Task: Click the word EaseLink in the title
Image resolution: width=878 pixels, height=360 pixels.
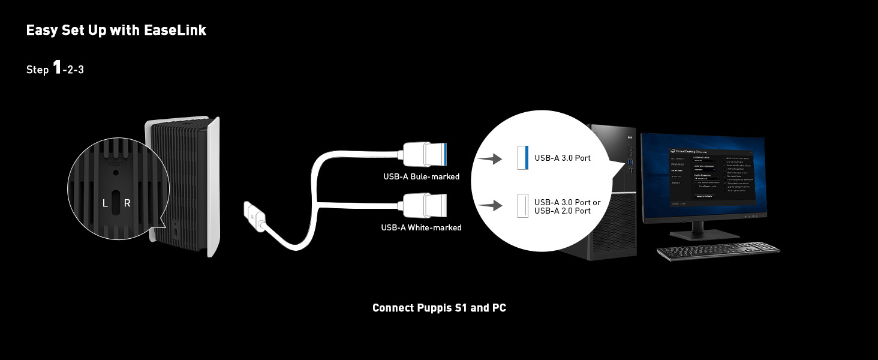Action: coord(175,31)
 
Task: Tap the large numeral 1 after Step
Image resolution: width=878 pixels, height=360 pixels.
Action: coord(57,68)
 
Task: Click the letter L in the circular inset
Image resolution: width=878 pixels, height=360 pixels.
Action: coord(105,203)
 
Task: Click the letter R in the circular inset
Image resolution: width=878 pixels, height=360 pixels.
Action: coord(127,203)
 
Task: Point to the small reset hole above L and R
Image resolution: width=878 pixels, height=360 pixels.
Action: coord(116,172)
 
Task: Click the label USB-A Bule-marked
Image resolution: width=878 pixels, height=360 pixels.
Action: coord(421,176)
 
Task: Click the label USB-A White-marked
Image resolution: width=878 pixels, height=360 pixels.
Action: coord(421,227)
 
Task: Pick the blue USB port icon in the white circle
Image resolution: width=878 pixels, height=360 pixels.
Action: coord(522,157)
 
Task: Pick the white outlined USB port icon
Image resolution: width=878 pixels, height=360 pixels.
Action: coord(522,206)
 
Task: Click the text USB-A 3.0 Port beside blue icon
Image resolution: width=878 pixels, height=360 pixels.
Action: coord(563,158)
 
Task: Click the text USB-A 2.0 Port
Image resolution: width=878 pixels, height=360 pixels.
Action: coord(563,211)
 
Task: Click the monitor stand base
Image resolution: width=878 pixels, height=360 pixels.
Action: coord(698,233)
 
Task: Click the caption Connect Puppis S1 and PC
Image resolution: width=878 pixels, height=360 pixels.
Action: coord(439,308)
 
